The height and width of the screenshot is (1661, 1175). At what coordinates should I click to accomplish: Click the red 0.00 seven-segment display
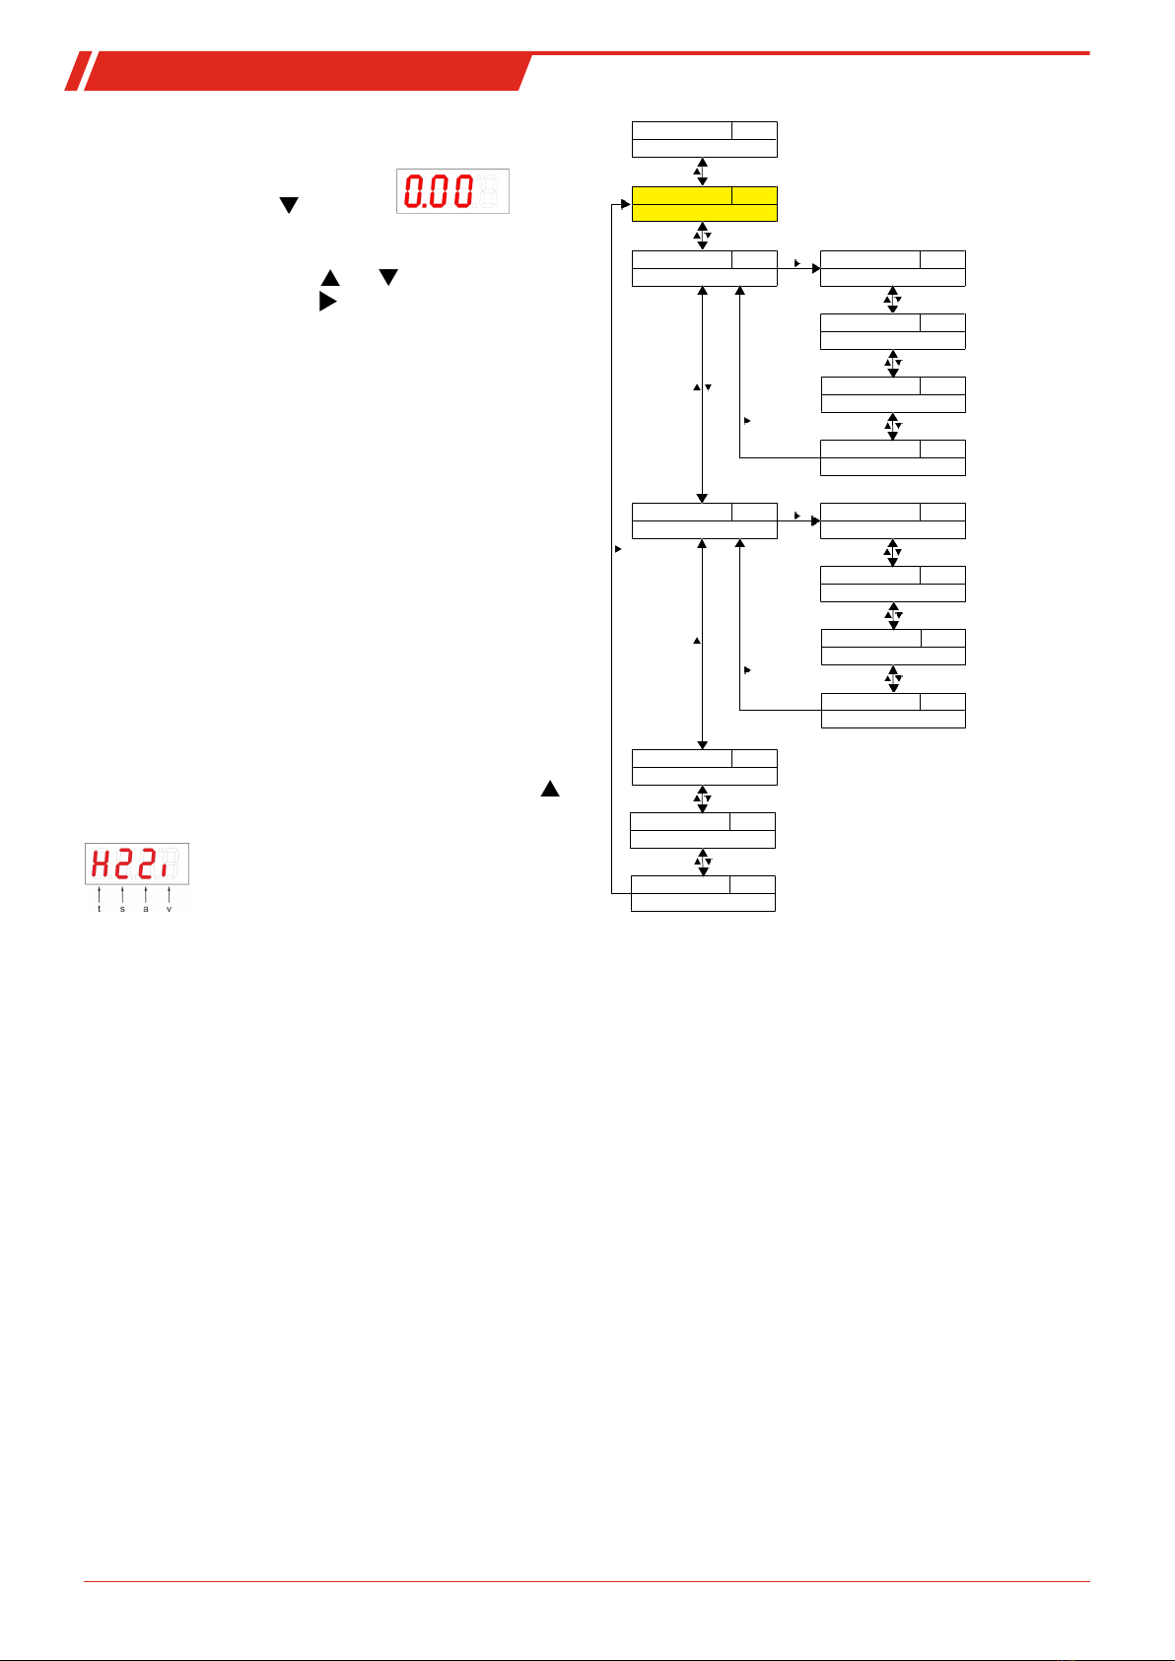(452, 191)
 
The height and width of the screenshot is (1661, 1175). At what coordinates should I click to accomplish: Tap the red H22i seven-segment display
(136, 865)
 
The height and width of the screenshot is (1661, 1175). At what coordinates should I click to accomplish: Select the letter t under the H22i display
(100, 909)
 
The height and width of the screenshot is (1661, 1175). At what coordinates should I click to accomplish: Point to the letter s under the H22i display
(122, 909)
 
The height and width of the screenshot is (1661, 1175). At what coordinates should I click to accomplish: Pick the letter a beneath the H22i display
(146, 909)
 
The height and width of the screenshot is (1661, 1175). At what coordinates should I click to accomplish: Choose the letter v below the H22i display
(170, 909)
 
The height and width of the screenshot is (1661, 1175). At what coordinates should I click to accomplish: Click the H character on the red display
(101, 865)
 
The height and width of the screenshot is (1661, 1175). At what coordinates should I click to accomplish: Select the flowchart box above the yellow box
(704, 139)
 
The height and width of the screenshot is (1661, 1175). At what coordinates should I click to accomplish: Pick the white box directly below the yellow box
(704, 268)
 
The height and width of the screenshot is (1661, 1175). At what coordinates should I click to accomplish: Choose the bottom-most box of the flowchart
(703, 893)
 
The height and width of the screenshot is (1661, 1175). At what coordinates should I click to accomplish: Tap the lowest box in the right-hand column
(893, 710)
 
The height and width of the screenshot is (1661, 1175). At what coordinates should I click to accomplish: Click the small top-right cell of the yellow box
(754, 195)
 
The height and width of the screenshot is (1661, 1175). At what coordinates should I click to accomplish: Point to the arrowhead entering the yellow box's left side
(625, 204)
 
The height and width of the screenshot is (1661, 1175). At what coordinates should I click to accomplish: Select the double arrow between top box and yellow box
(702, 172)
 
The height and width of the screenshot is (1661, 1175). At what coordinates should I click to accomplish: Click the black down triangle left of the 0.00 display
(288, 205)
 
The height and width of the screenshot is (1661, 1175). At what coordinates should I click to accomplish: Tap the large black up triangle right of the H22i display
(549, 789)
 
